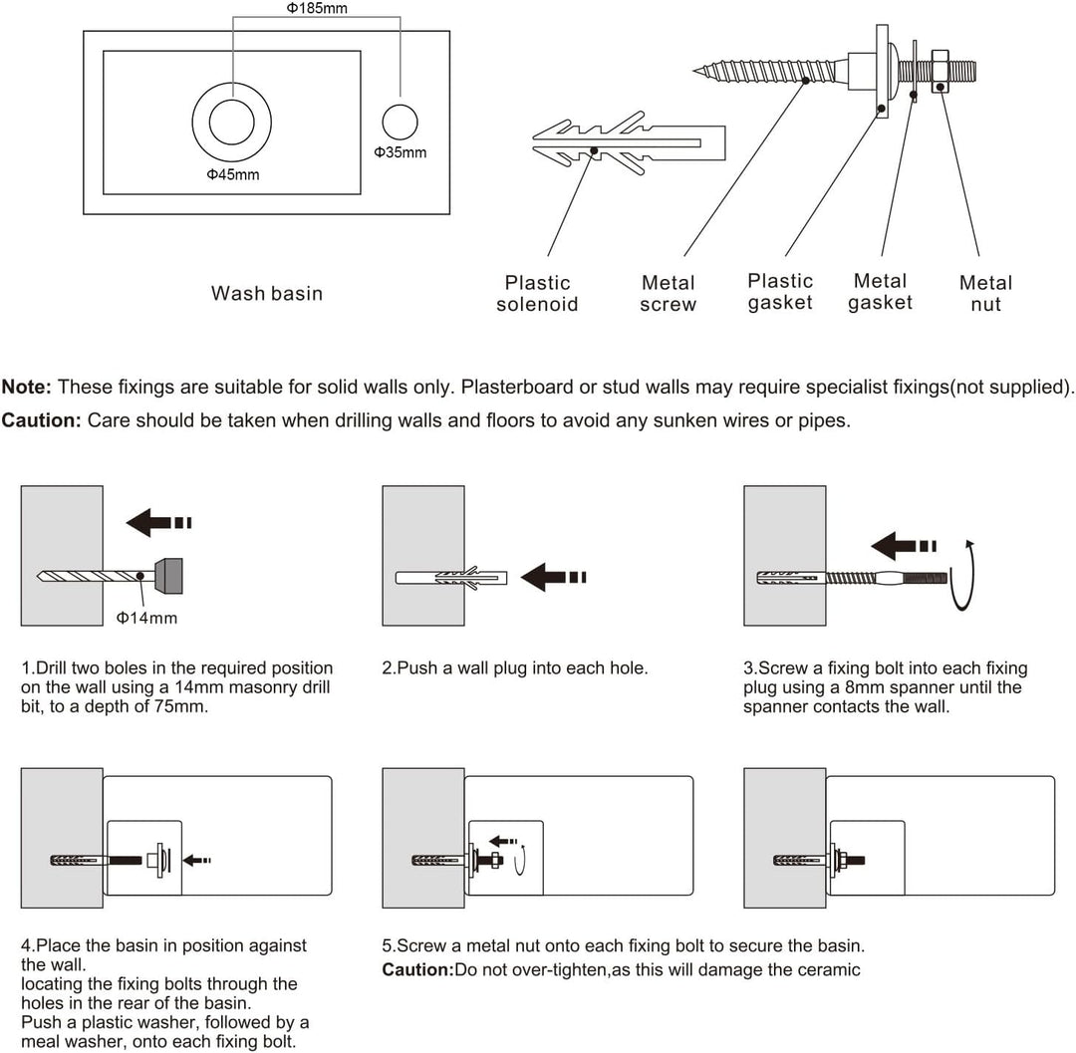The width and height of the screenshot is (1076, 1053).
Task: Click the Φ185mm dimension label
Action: click(317, 10)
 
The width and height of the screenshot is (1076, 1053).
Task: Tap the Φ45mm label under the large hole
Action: click(232, 174)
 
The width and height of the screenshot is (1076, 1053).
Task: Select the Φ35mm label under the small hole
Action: click(400, 152)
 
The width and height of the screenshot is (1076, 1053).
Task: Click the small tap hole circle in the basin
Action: click(401, 121)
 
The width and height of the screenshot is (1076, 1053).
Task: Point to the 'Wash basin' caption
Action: click(267, 293)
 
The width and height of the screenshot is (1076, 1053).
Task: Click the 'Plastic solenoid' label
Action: click(537, 294)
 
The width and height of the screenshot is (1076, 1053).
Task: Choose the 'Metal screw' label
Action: click(668, 294)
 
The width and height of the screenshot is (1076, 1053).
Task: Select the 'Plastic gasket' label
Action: click(780, 292)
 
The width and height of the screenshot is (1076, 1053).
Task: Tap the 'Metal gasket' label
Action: click(880, 292)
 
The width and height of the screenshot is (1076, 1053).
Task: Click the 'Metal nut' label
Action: click(985, 294)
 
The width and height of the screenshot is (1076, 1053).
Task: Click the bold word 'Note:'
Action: click(27, 387)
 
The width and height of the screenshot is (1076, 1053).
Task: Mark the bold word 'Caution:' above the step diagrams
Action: click(41, 420)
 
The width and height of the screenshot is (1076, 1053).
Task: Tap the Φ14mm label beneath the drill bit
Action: click(146, 618)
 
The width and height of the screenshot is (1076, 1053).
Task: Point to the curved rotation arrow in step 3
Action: click(964, 576)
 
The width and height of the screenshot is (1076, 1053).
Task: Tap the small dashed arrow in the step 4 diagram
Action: click(199, 860)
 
